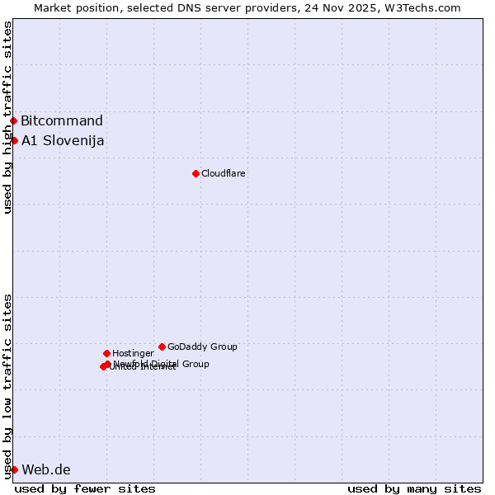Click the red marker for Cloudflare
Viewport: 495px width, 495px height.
coord(196,173)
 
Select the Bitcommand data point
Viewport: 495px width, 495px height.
coord(13,121)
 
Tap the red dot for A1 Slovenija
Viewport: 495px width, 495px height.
coord(14,140)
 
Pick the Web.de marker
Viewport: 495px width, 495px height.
coord(14,469)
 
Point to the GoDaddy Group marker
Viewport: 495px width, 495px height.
coord(162,346)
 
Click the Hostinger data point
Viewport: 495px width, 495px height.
coord(106,353)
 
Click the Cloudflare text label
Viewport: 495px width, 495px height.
coord(224,173)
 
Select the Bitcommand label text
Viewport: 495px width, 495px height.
coord(62,121)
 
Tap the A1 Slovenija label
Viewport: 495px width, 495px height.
coord(63,140)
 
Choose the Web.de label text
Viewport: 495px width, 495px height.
coord(46,469)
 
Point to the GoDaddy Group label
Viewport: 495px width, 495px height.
coord(202,346)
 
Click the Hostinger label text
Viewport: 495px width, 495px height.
coord(133,353)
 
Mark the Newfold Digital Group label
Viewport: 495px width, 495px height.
coord(162,363)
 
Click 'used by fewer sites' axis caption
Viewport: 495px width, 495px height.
coord(85,488)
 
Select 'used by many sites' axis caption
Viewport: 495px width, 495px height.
coord(414,488)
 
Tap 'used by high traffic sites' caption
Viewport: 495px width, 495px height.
coord(7,117)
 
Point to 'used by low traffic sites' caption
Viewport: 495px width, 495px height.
coord(7,386)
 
